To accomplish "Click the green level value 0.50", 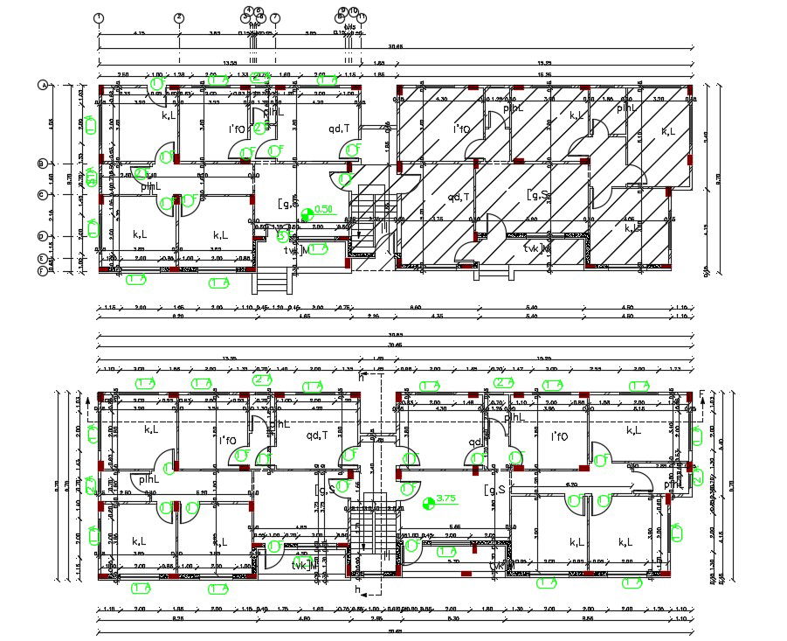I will [324, 210].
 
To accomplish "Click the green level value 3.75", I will [447, 499].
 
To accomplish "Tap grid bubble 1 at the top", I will [99, 17].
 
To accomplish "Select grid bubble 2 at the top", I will [179, 17].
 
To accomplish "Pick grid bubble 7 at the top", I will [275, 17].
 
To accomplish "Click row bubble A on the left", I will [42, 86].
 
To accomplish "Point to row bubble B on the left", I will [42, 164].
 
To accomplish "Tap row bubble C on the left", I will [42, 194].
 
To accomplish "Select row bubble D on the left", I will [42, 236].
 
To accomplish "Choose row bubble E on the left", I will [42, 259].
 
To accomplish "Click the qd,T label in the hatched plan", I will [459, 198].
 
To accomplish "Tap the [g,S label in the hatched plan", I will [537, 196].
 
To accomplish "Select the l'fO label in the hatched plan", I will [460, 129].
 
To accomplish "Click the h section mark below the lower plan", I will [357, 591].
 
